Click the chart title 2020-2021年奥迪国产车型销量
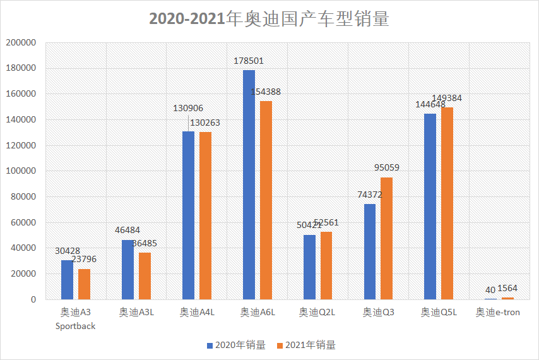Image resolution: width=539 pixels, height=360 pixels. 269,19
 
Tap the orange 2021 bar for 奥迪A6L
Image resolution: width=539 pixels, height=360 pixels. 266,200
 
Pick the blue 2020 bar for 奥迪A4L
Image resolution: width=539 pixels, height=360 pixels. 188,215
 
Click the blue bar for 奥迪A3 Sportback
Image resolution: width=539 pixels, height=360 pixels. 67,279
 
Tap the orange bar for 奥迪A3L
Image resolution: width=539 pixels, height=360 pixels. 145,275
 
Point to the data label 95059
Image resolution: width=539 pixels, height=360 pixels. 386,168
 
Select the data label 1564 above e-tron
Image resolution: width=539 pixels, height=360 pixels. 512,290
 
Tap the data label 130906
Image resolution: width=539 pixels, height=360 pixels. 188,109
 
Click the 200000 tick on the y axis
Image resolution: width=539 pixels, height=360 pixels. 21,43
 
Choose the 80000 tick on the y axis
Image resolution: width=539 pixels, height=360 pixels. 23,197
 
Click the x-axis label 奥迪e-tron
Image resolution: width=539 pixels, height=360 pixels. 498,312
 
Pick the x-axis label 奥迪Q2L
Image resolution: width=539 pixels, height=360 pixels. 317,312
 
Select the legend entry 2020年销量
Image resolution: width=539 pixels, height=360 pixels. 237,345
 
